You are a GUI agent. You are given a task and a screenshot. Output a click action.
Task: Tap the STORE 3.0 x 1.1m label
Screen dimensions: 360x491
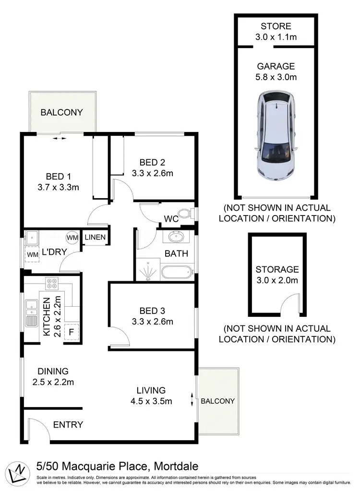click(x=276, y=31)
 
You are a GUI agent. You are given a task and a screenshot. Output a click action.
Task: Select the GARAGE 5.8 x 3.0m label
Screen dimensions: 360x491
click(x=276, y=72)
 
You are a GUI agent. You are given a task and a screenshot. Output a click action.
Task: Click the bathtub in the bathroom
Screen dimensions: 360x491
click(x=176, y=272)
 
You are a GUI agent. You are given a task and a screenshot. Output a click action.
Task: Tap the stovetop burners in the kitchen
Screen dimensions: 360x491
click(x=52, y=284)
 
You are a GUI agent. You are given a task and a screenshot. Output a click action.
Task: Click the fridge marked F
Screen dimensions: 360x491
click(x=72, y=332)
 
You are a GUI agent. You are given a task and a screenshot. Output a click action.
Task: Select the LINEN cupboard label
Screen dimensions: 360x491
click(x=95, y=237)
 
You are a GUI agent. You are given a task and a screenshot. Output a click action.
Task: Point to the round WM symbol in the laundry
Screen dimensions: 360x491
click(x=72, y=237)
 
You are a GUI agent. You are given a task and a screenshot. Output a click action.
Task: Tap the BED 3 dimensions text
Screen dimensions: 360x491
click(x=152, y=322)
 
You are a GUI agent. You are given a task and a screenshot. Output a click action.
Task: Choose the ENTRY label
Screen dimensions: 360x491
click(x=68, y=424)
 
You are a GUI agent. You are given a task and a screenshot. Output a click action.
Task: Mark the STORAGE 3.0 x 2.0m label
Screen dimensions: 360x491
click(x=277, y=275)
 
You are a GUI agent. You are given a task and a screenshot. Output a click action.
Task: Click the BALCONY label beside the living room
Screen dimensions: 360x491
click(x=217, y=401)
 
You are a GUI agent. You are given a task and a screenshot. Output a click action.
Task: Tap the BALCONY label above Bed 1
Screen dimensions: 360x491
click(x=61, y=112)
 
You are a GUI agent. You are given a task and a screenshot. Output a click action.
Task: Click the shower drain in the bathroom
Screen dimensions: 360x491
click(x=148, y=274)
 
